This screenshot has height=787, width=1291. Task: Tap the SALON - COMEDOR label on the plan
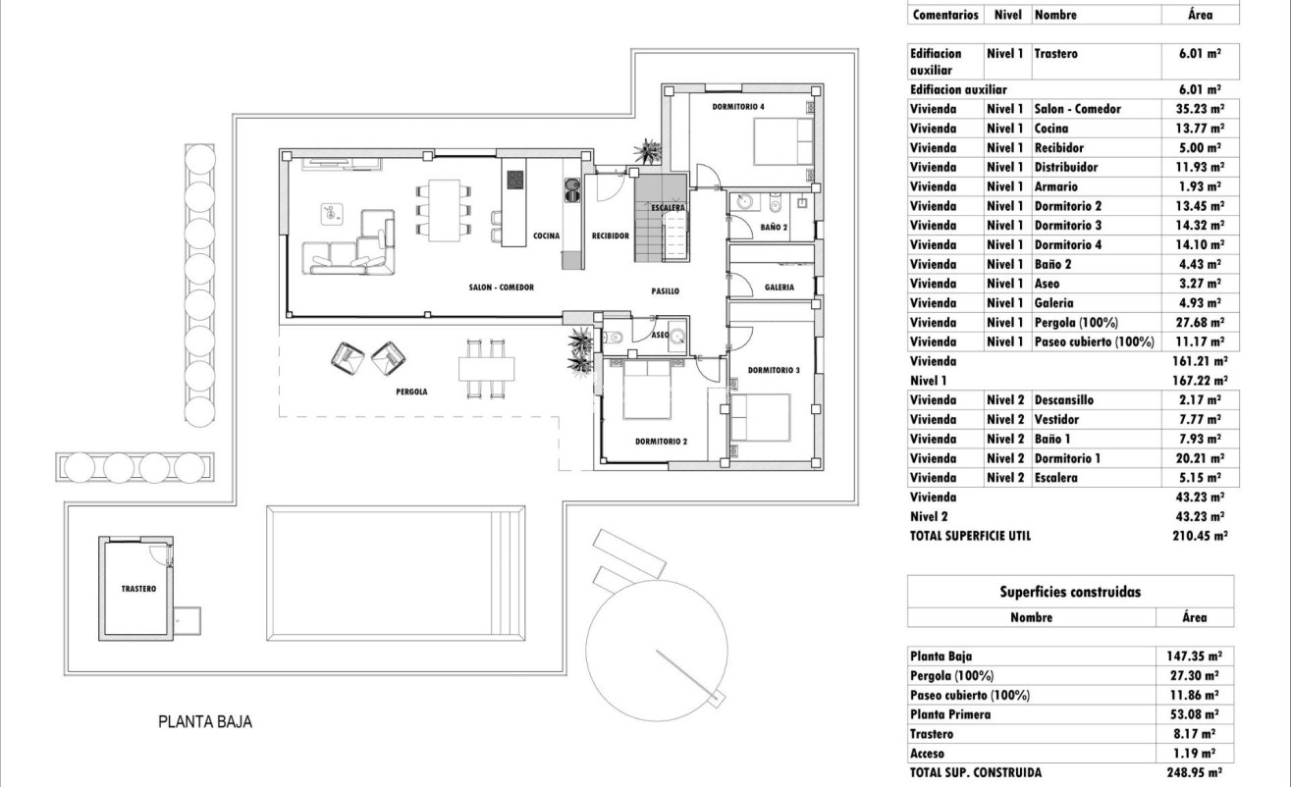coord(501,288)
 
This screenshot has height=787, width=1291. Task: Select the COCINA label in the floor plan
coord(546,236)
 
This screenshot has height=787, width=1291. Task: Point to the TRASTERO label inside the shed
coord(138,589)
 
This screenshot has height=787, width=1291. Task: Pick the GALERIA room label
coord(780,288)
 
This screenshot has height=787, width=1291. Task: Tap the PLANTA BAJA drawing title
coord(205,721)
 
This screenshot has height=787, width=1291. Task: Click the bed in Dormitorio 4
coord(783,141)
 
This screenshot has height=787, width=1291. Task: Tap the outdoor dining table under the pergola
coord(486,369)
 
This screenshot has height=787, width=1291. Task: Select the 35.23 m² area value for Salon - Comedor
coord(1200,109)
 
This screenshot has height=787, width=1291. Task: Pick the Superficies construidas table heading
coord(1070,592)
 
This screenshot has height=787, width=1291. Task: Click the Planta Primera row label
coord(950,714)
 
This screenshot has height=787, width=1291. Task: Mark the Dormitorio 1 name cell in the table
coord(1067,458)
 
